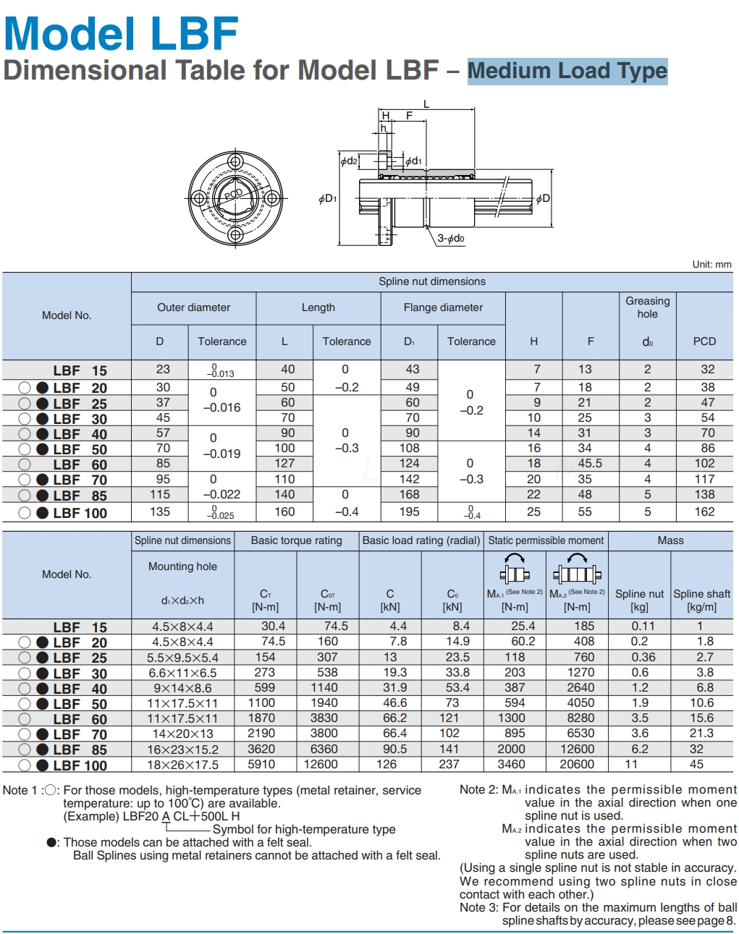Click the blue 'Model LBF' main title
click(121, 33)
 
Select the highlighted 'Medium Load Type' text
click(567, 71)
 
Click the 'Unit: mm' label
click(711, 264)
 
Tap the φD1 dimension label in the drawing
click(327, 198)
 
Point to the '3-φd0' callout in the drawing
click(451, 238)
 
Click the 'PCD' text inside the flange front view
click(233, 194)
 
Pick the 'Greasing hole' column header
click(647, 307)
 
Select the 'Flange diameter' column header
click(443, 307)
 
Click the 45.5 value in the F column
click(590, 463)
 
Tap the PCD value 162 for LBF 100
click(704, 511)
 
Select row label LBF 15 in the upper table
click(80, 370)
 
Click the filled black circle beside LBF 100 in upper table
click(43, 513)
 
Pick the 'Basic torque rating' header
click(296, 540)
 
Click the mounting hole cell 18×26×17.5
click(182, 765)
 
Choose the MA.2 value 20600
click(577, 764)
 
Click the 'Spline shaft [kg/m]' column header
click(701, 600)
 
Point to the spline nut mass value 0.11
click(643, 626)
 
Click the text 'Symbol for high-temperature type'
click(304, 829)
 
